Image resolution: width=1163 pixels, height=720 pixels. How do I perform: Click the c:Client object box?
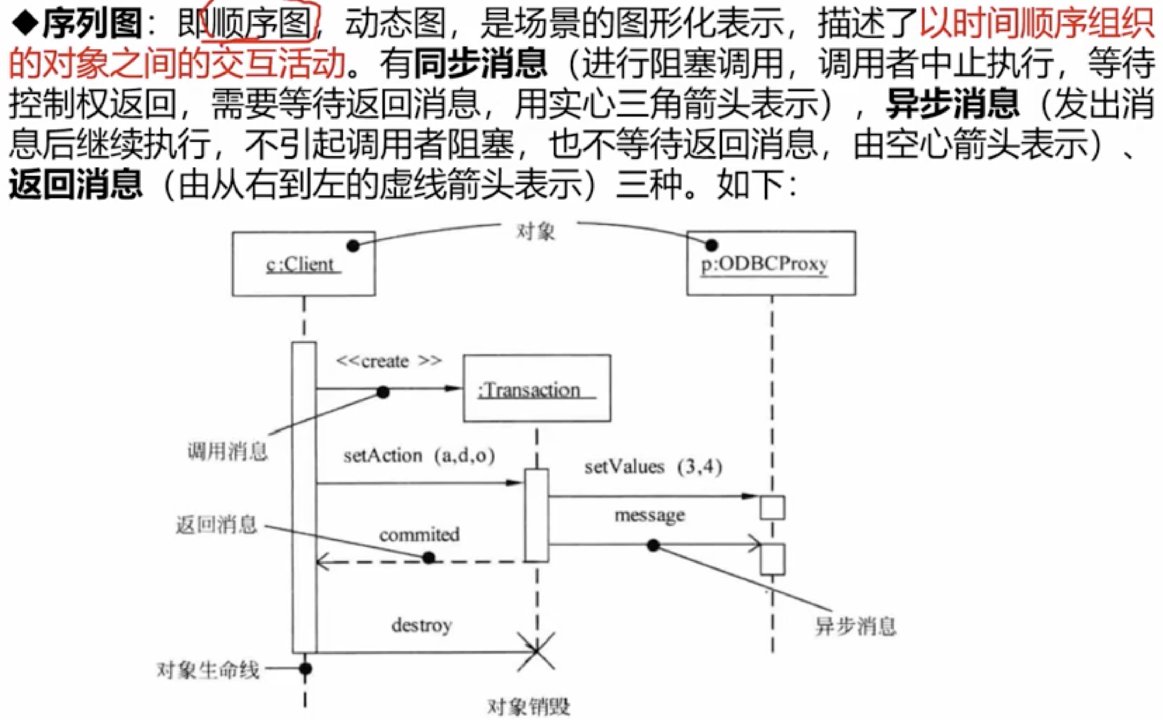coord(303,264)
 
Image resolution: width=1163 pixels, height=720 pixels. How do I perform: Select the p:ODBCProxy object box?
coord(771,263)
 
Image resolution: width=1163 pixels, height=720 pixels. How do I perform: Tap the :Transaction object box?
coord(537,388)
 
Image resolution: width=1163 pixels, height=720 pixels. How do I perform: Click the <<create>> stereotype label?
coord(389,361)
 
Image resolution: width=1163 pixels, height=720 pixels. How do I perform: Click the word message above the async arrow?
coord(650,515)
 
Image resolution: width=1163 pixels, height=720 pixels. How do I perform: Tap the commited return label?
coord(419,534)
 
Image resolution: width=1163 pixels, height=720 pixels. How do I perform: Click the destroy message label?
coord(422,625)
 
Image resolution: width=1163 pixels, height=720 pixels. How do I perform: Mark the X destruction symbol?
coord(536,651)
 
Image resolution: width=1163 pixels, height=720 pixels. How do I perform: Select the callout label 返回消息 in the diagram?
coord(216,525)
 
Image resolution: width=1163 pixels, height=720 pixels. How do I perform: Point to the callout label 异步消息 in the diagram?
coord(855,626)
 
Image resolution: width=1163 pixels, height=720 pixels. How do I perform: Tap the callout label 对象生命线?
coord(208,670)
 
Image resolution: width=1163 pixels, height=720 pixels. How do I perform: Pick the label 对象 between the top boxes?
coord(536,232)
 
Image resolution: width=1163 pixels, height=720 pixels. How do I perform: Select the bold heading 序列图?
coord(92,23)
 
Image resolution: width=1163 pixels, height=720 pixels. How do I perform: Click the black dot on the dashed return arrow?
coord(429,557)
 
